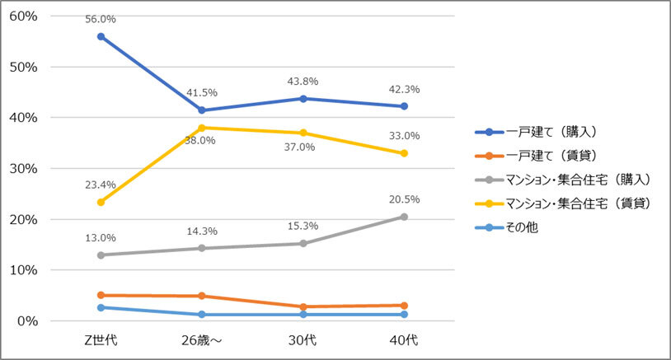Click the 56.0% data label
[100, 19]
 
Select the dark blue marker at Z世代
[101, 36]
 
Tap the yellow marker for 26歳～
[201, 128]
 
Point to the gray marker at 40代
[404, 217]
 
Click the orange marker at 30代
[303, 306]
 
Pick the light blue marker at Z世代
[101, 307]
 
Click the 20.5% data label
[404, 199]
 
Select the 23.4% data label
[100, 185]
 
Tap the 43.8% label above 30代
[303, 82]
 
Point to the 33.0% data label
[404, 136]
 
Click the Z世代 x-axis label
[101, 340]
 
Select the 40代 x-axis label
[404, 340]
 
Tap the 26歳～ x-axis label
[201, 340]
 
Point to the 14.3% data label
[201, 231]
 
